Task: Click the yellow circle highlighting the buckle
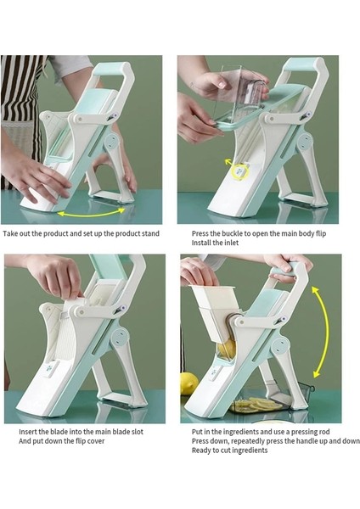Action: point(241,171)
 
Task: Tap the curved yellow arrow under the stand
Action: point(91,213)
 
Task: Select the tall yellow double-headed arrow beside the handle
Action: point(320,332)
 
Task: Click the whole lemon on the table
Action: point(188,383)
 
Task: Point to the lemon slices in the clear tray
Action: point(256,404)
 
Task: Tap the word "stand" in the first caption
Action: point(150,233)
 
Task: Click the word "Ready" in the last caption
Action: point(201,450)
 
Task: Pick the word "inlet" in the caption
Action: point(231,243)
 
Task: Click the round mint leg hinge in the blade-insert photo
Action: point(120,338)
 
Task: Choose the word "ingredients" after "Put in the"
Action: point(239,432)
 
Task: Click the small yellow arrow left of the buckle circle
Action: point(229,162)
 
